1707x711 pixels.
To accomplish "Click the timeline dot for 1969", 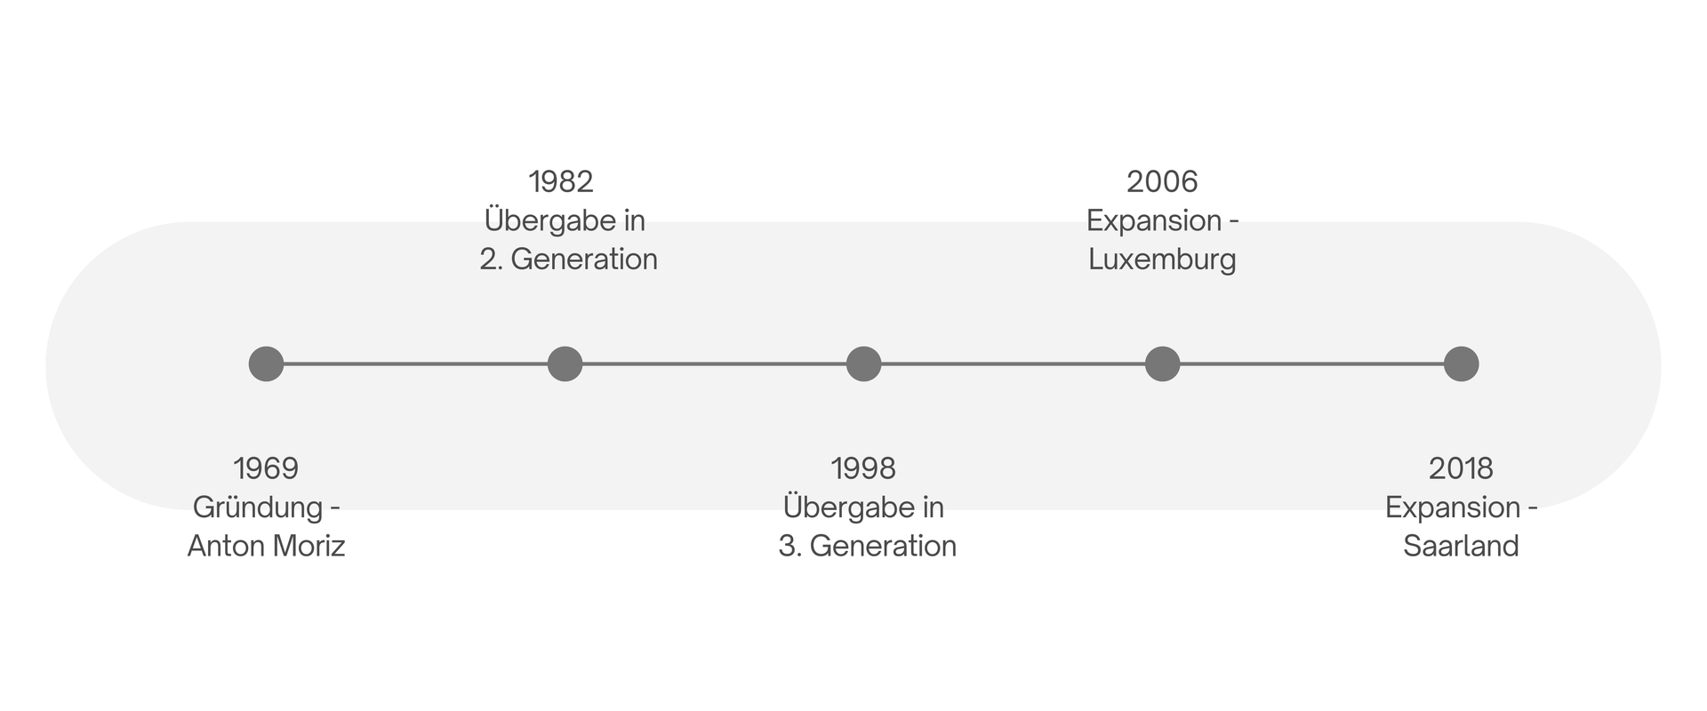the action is [x=266, y=363].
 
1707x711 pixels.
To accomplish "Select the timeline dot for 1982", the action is [x=565, y=363].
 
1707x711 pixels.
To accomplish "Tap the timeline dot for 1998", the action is [x=863, y=363].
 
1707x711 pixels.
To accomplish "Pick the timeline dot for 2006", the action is [x=1162, y=363].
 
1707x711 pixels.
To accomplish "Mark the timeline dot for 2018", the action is [x=1461, y=363].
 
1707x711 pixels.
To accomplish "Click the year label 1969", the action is [x=266, y=468].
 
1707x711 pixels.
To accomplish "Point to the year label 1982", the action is [x=561, y=182].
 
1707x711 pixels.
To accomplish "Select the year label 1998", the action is [x=863, y=468].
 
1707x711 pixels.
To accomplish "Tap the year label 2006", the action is [x=1162, y=182].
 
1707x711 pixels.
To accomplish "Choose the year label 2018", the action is [x=1461, y=468].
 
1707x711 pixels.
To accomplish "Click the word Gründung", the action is [x=258, y=508].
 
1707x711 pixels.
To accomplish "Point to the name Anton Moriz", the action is [x=266, y=546].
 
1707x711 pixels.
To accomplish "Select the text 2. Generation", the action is [x=569, y=260].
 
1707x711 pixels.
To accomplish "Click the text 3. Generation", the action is [x=868, y=546].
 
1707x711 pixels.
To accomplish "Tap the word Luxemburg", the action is [x=1162, y=260].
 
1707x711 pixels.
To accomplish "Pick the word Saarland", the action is [x=1461, y=546].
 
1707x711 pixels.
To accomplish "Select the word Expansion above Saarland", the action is [x=1453, y=508].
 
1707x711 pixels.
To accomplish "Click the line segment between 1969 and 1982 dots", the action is [x=415, y=363].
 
